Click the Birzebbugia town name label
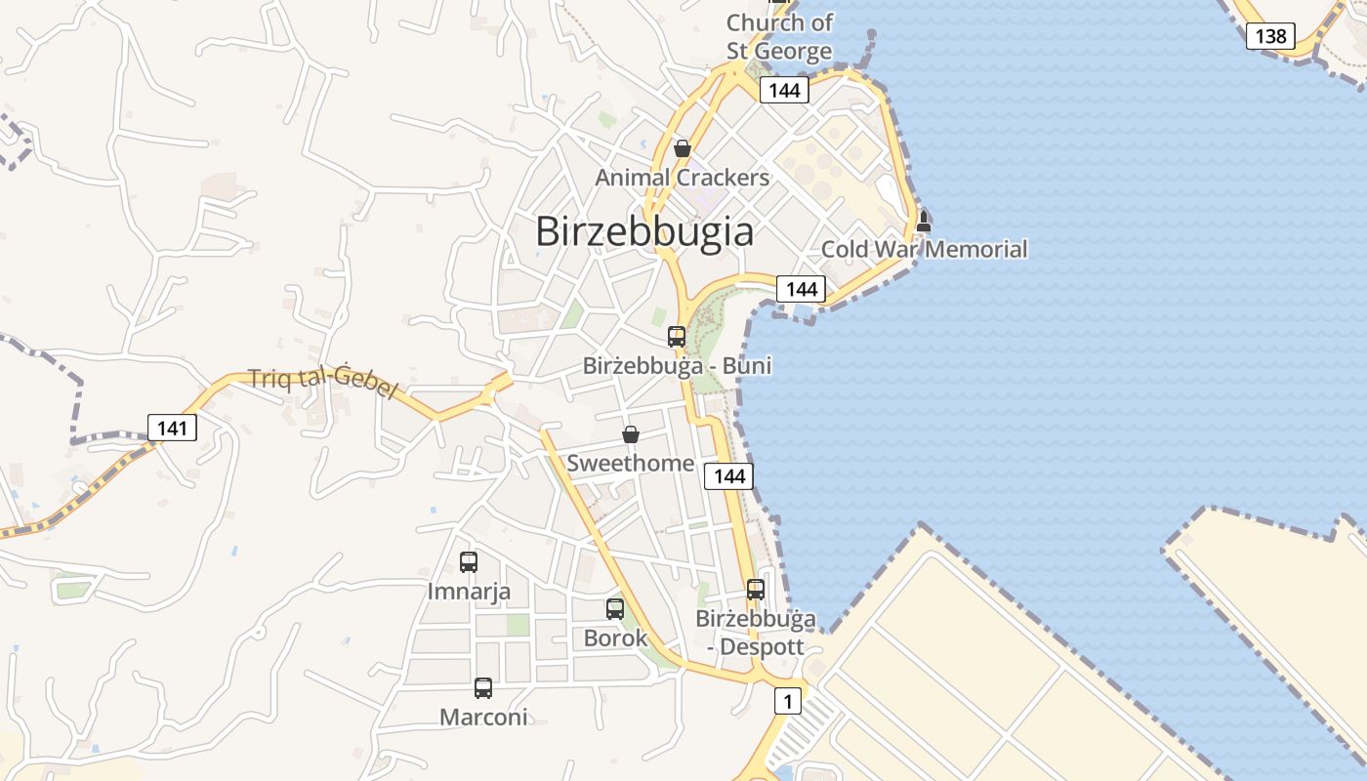(644, 232)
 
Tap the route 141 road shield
(172, 427)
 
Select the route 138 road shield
(1270, 36)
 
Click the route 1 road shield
(788, 700)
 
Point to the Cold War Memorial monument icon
(923, 222)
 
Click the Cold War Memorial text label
(924, 249)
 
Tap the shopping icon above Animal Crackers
(683, 148)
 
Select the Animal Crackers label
(683, 178)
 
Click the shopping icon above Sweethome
(631, 434)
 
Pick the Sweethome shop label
(631, 463)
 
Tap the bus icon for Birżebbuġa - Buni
(677, 337)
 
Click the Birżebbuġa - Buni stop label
(677, 366)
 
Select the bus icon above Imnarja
(469, 562)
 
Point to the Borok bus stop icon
(615, 609)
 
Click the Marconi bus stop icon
(483, 688)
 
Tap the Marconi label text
(483, 718)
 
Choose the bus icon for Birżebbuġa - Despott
(756, 590)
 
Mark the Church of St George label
(779, 36)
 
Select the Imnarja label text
(469, 592)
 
